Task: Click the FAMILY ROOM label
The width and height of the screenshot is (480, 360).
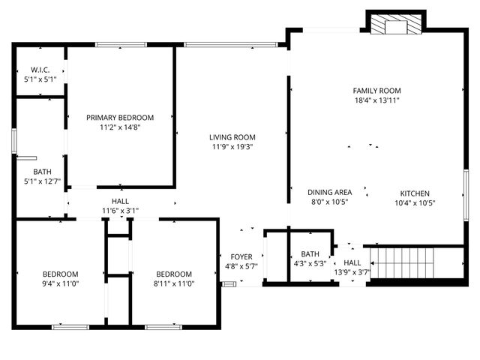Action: coord(376,91)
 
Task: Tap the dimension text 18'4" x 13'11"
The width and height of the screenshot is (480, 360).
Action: coord(376,100)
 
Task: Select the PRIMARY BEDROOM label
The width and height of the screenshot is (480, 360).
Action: coord(120,118)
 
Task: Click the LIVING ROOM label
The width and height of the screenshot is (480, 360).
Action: coord(232,137)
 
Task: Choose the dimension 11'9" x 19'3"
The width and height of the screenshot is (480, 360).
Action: coord(232,147)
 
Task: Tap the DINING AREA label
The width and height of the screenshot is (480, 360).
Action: coord(330,192)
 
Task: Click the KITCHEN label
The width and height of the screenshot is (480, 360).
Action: coord(415,192)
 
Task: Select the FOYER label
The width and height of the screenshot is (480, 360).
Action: coord(241,256)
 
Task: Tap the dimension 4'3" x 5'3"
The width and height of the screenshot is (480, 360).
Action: coord(310,264)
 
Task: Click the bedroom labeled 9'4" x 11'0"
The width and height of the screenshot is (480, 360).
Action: coord(60,274)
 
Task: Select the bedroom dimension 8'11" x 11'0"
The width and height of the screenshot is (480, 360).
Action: coord(174,284)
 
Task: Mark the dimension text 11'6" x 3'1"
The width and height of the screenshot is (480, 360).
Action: coord(120,211)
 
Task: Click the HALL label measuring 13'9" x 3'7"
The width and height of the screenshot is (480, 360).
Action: coord(352,262)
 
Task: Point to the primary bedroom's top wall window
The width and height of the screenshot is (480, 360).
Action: coord(120,45)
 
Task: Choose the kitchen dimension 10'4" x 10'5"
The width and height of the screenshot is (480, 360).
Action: coord(415,202)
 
